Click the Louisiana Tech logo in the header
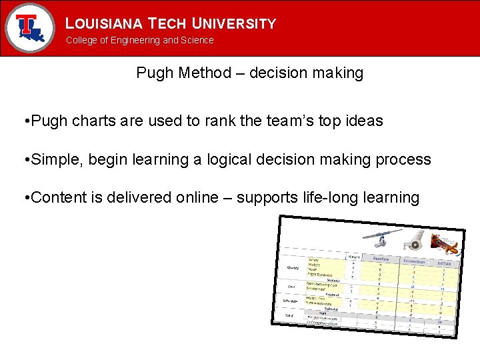pyautogui.click(x=29, y=27)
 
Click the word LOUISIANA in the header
pyautogui.click(x=103, y=24)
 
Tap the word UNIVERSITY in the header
pyautogui.click(x=234, y=24)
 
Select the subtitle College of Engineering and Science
pyautogui.click(x=139, y=40)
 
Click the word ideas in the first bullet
pyautogui.click(x=364, y=121)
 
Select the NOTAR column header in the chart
pyautogui.click(x=444, y=263)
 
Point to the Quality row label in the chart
pyautogui.click(x=292, y=267)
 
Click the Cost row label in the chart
pyautogui.click(x=291, y=286)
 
